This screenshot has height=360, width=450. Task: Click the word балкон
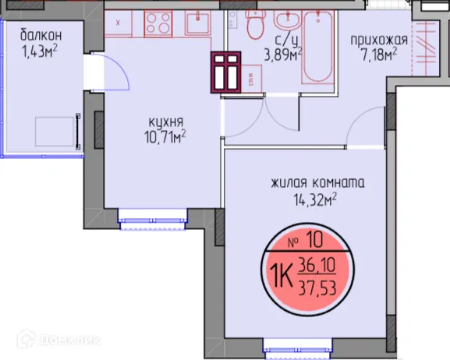coord(41,35)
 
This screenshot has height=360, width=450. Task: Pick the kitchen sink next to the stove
coord(196,24)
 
